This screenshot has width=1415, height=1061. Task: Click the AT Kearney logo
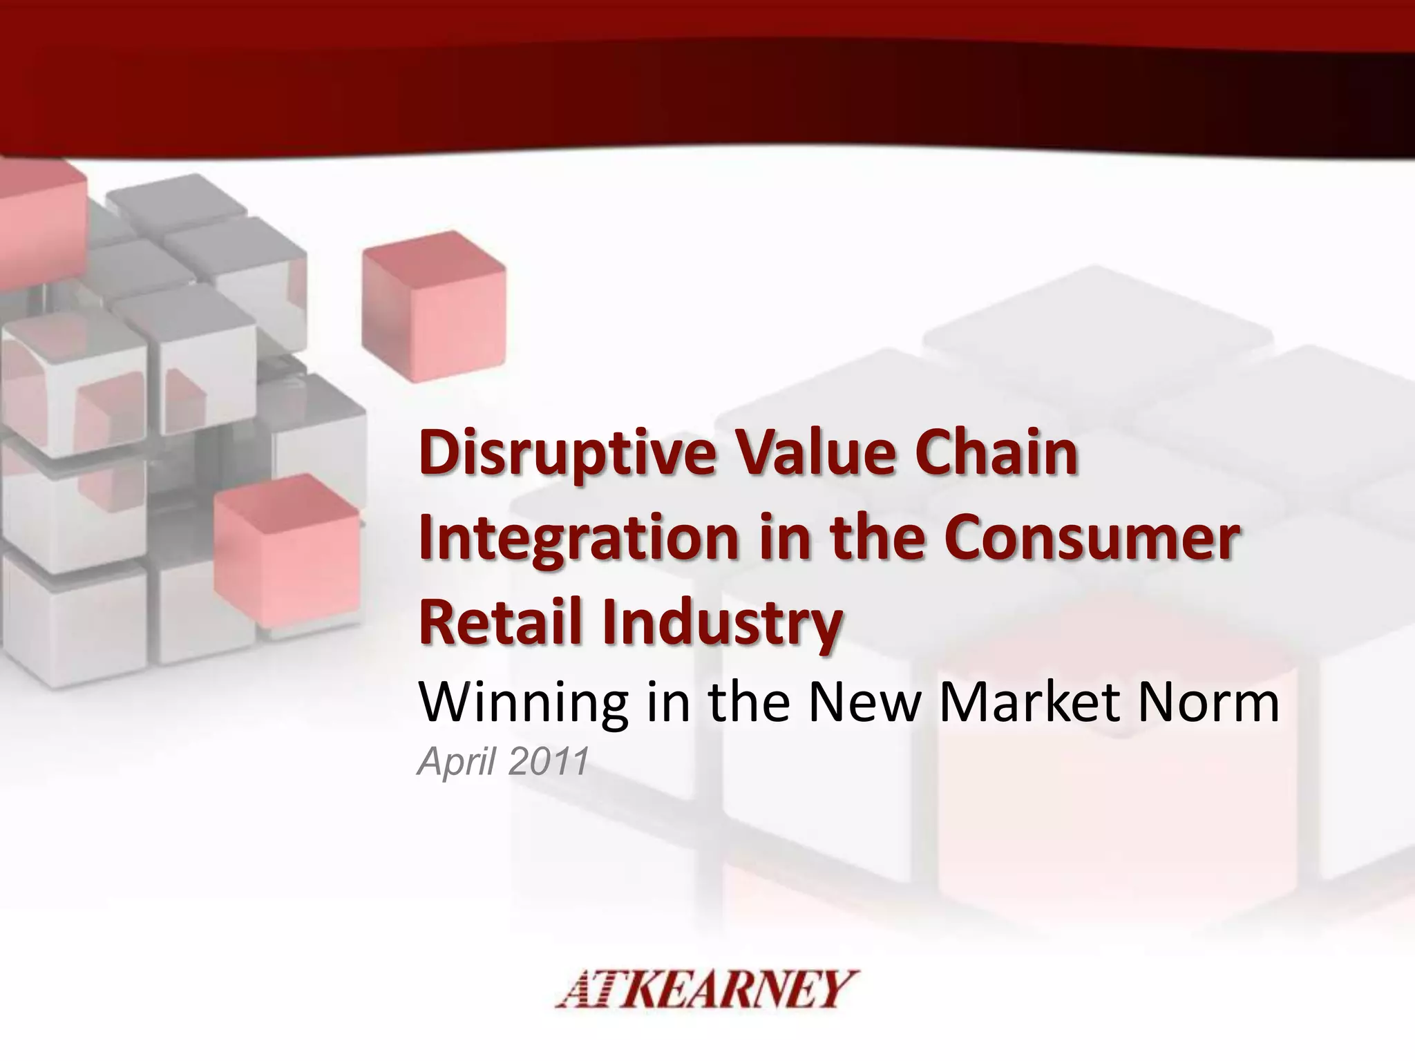click(707, 989)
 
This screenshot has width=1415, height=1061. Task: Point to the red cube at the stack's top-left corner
click(38, 200)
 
